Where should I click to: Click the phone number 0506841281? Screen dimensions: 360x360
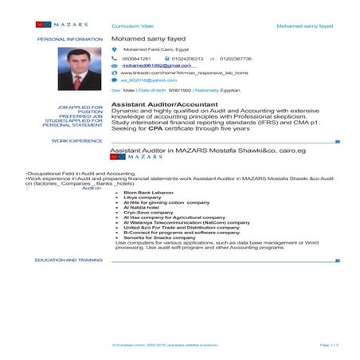(x=136, y=58)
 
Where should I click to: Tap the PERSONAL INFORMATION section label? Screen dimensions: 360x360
(x=70, y=38)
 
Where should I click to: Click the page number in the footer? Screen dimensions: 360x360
(x=329, y=344)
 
